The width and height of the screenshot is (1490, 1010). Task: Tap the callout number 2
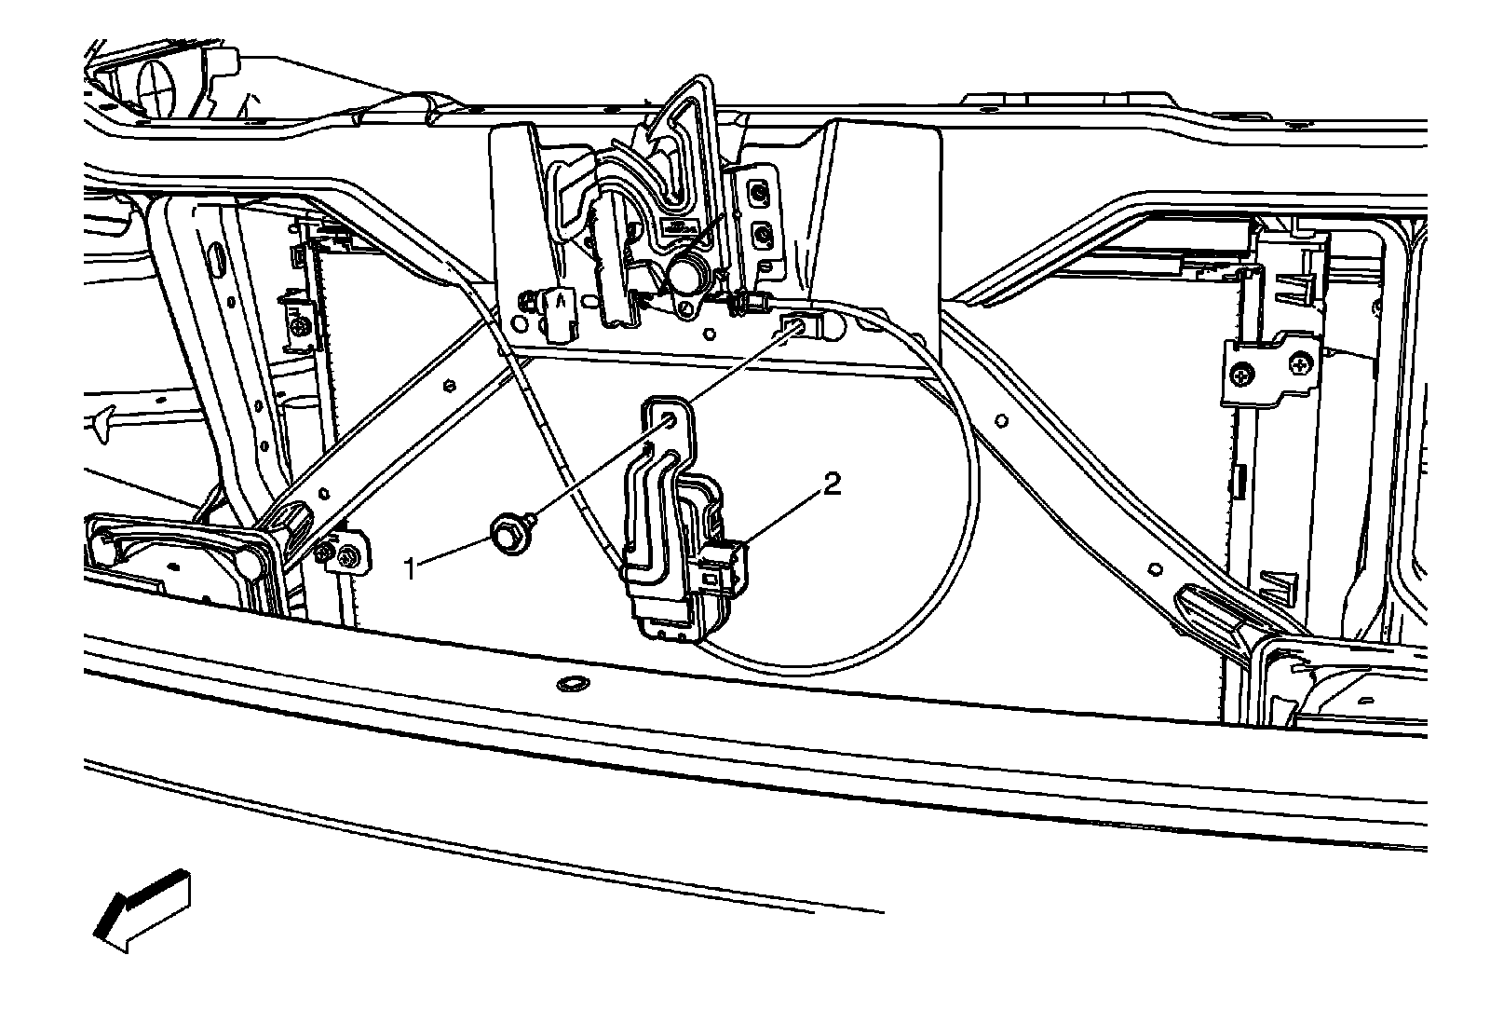click(832, 485)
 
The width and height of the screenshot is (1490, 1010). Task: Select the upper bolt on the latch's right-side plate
click(761, 194)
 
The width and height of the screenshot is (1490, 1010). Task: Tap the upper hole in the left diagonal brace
click(450, 383)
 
